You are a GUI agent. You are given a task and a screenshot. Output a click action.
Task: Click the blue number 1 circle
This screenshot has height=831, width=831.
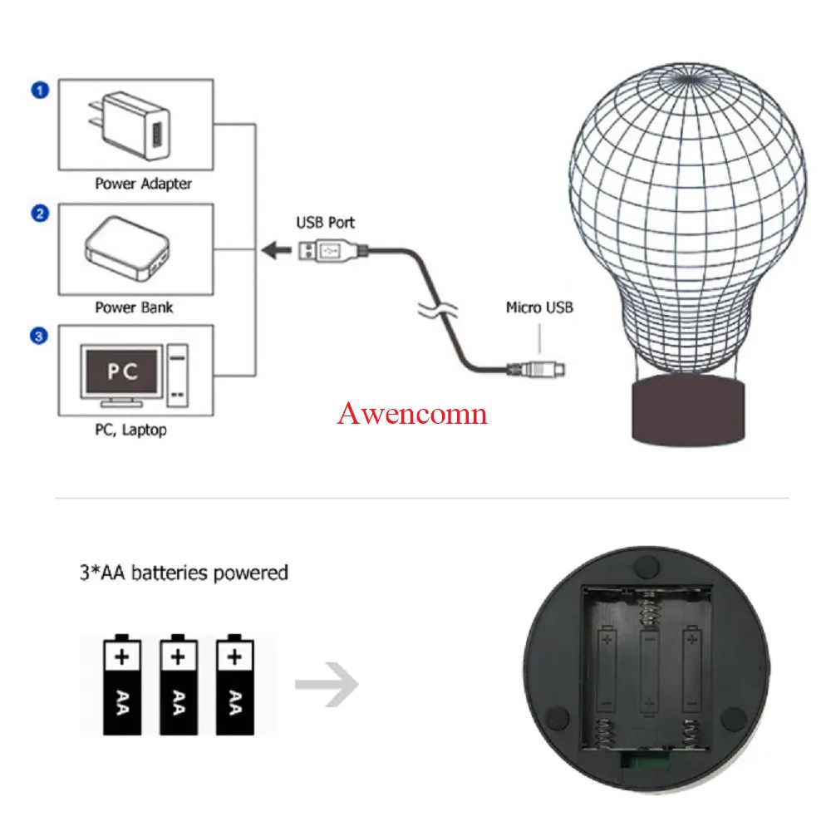pyautogui.click(x=39, y=89)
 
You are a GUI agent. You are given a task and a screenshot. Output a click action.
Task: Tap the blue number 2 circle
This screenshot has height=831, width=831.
pyautogui.click(x=39, y=214)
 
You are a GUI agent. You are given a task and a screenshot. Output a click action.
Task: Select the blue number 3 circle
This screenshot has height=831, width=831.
pyautogui.click(x=39, y=337)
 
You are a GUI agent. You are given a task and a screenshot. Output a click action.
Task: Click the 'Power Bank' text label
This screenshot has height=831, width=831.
pyautogui.click(x=134, y=307)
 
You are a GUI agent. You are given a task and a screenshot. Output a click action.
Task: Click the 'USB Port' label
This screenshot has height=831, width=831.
pyautogui.click(x=325, y=223)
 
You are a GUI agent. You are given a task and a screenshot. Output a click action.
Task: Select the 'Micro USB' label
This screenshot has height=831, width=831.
pyautogui.click(x=538, y=308)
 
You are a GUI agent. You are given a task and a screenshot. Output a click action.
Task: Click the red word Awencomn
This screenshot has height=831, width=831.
pyautogui.click(x=411, y=413)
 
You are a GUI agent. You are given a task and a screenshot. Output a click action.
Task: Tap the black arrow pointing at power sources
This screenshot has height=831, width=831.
pyautogui.click(x=274, y=249)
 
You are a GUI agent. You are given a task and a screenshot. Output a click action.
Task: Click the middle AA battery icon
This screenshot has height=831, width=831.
pyautogui.click(x=177, y=686)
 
